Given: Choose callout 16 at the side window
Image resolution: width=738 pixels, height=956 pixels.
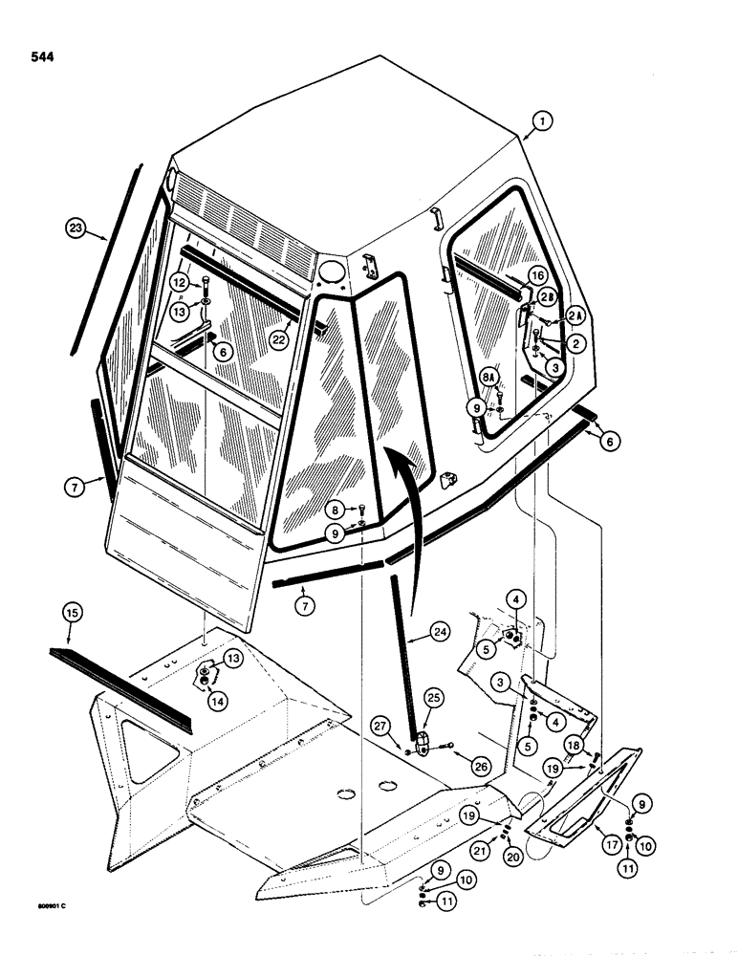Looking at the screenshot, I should coord(538,275).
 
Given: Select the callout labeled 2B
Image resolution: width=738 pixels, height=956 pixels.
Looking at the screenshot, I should coord(548,295).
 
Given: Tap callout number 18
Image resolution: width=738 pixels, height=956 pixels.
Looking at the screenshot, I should coord(600,745).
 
